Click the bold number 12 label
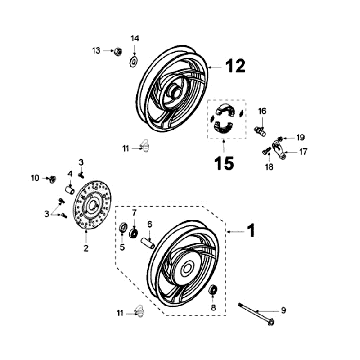click(233, 67)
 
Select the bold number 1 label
click(252, 229)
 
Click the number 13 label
click(97, 49)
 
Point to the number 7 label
click(135, 214)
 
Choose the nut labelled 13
click(117, 50)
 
